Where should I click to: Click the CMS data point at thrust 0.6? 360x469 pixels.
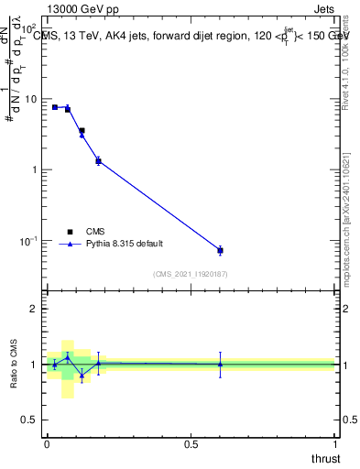(220, 250)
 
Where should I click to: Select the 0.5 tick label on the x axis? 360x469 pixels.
(191, 443)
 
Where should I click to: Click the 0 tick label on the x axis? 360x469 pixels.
(48, 443)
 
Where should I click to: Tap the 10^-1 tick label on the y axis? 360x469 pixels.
(27, 241)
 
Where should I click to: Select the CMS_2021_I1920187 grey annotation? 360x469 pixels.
(191, 274)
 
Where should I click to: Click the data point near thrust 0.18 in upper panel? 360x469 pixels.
(98, 161)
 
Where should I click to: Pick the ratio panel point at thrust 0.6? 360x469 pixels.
(220, 364)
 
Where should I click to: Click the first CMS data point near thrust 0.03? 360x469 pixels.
(55, 107)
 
